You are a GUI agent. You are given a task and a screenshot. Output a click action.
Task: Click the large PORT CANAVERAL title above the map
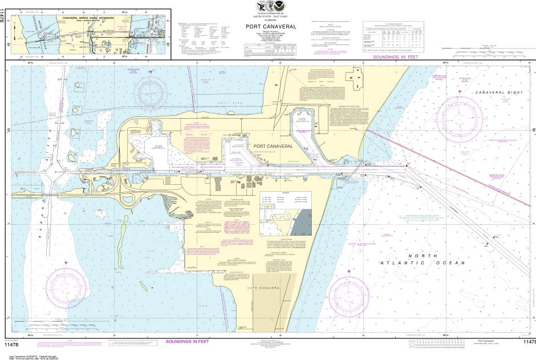point(271,26)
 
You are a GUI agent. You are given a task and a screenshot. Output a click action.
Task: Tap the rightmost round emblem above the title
point(282,6)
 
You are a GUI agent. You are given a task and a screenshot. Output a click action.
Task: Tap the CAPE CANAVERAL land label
point(264,289)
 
